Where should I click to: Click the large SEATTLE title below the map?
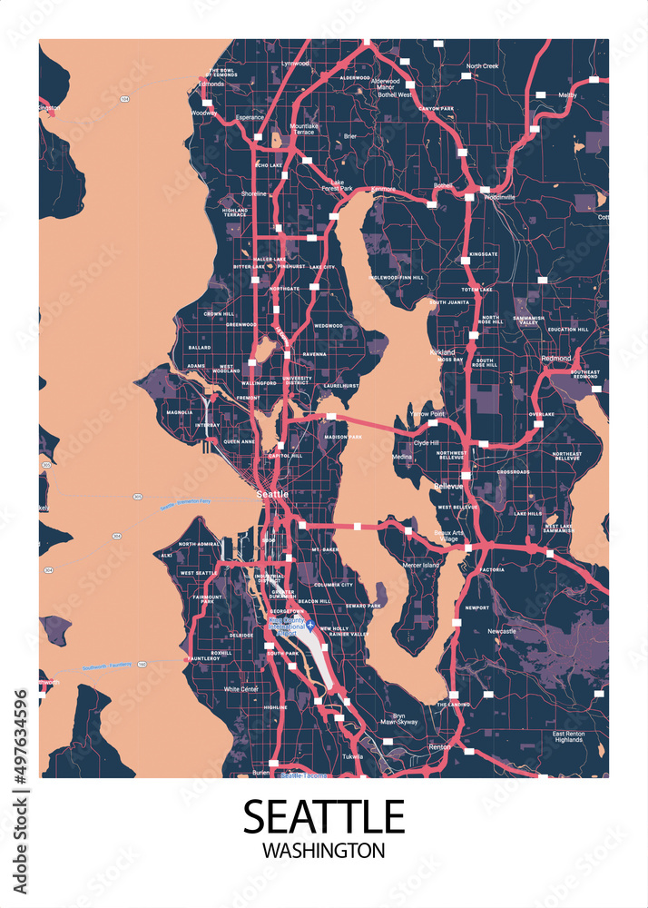coord(323,816)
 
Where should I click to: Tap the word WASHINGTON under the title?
coord(323,852)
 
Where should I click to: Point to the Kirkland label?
coord(443,350)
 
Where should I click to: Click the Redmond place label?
coord(556,359)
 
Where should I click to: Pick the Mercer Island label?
coord(420,566)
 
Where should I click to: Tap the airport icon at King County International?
coord(309,625)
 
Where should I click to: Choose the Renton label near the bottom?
coord(439,747)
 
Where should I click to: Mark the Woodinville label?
coord(498,196)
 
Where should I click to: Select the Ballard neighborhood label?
coord(199,347)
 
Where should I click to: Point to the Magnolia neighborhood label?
coord(180,412)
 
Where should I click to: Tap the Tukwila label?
coord(353,755)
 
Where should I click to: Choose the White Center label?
coord(242,689)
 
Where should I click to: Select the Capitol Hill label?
coord(286,456)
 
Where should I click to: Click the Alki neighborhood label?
coord(166,555)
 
